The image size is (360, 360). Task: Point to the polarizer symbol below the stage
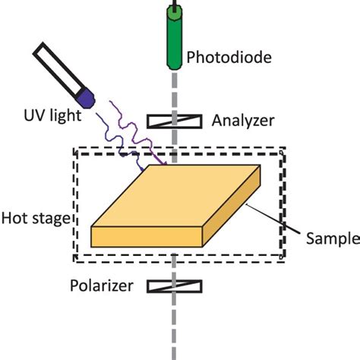pos(175,287)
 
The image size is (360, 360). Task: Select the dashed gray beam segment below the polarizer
pos(175,327)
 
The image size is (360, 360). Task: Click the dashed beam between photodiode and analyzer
pos(175,87)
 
